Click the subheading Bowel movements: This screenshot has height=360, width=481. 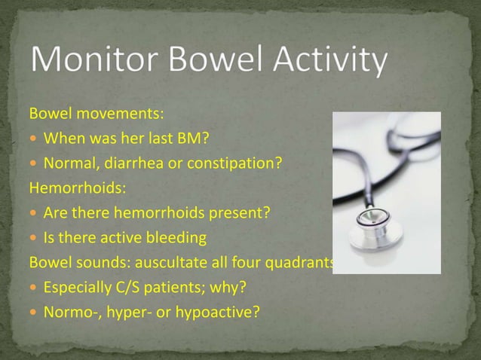click(x=97, y=114)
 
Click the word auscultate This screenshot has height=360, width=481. click(x=173, y=262)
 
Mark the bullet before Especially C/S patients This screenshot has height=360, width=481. click(x=34, y=287)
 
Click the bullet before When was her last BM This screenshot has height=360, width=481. click(x=34, y=139)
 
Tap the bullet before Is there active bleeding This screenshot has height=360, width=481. click(x=34, y=237)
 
